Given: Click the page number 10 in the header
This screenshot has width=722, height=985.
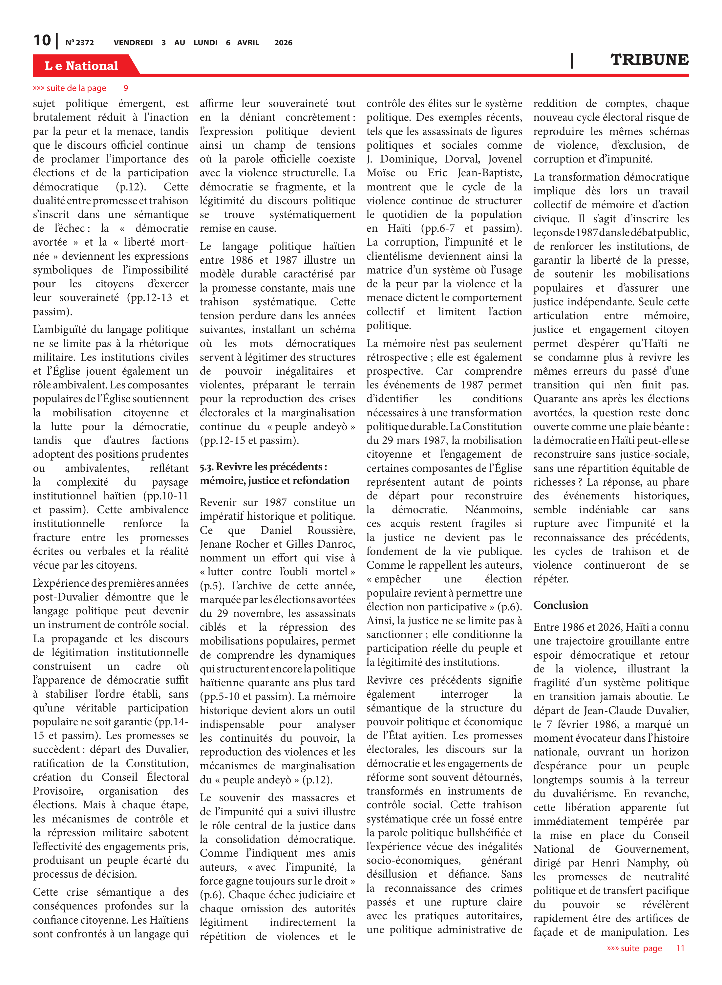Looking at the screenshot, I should coord(42,41).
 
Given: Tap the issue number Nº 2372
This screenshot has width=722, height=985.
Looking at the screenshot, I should coord(79,43).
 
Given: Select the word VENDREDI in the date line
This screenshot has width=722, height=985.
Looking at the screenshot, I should coord(133,43).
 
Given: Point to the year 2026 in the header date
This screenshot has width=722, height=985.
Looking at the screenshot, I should coord(283,43).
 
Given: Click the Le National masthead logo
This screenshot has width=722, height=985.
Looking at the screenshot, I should coord(82,66).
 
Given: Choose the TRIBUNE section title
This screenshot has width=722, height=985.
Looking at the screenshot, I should coord(649,60).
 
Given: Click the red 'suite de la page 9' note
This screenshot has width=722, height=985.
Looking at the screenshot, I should coord(80,88).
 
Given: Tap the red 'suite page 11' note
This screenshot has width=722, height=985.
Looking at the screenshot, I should coord(645,948).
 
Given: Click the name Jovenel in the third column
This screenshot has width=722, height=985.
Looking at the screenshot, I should coord(505,159).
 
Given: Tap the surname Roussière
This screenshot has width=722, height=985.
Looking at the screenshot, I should coord(331,530).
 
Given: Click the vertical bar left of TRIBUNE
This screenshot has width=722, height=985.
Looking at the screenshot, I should coord(572,60).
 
